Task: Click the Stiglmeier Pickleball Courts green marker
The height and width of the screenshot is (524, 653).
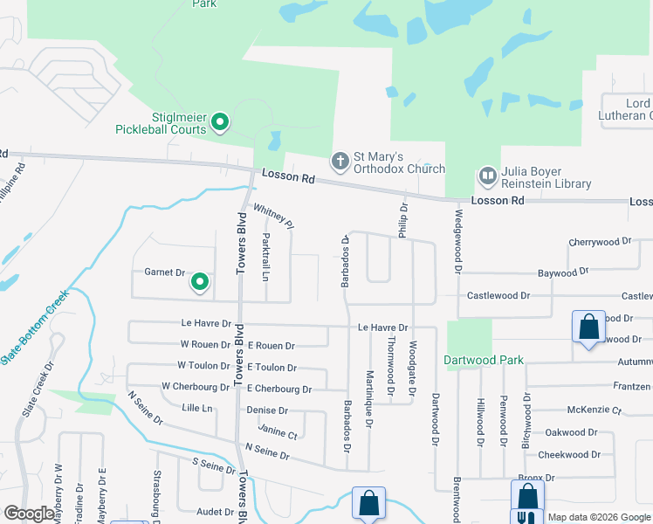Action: (x=221, y=122)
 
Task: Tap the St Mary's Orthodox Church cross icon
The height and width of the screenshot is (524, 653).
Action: (x=340, y=161)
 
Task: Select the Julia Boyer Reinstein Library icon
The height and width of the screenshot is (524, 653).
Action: (x=487, y=177)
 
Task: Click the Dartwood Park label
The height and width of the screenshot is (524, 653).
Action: (x=483, y=360)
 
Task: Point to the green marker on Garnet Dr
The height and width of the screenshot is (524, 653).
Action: (x=199, y=282)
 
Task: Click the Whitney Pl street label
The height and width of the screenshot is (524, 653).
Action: (x=273, y=217)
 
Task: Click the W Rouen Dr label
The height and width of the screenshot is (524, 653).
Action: (x=205, y=345)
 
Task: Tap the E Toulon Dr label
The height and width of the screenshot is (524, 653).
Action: (x=272, y=369)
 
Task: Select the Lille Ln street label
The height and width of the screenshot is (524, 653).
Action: (x=197, y=408)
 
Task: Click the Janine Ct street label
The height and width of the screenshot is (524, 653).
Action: (x=278, y=434)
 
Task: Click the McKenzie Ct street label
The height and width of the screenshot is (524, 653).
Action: (x=594, y=409)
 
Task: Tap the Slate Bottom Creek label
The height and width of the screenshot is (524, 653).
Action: (x=34, y=328)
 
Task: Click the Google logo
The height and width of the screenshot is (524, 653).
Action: (x=29, y=513)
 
